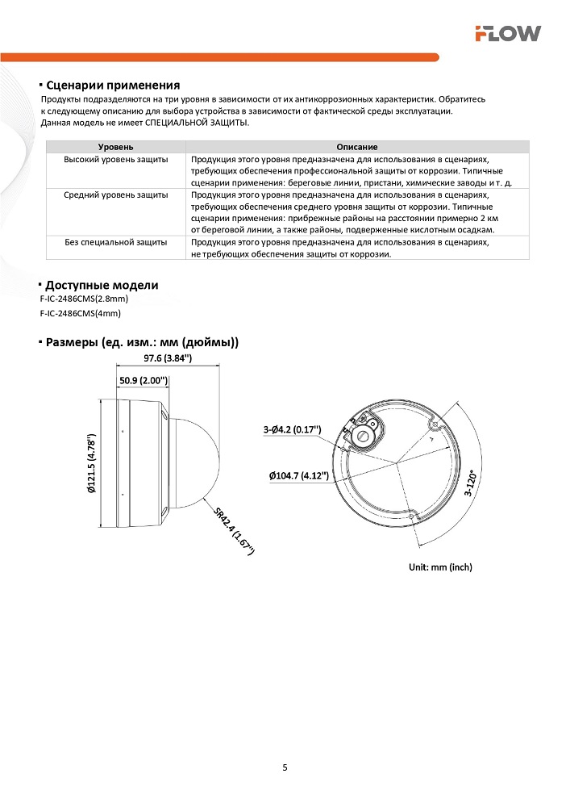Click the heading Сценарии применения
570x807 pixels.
pyautogui.click(x=112, y=85)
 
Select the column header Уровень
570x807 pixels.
pyautogui.click(x=116, y=147)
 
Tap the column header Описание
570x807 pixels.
pyautogui.click(x=357, y=147)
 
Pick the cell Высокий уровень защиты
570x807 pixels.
pyautogui.click(x=116, y=159)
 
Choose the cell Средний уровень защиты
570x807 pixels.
pyautogui.click(x=116, y=194)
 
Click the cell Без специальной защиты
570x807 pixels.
pyautogui.click(x=116, y=241)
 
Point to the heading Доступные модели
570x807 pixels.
pyautogui.click(x=102, y=285)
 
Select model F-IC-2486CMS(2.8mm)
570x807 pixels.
pyautogui.click(x=84, y=299)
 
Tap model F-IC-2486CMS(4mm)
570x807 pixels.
pyautogui.click(x=80, y=313)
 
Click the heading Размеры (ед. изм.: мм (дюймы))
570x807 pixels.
pyautogui.click(x=142, y=342)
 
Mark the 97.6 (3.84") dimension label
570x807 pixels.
pyautogui.click(x=168, y=358)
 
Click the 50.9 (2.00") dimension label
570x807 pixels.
pyautogui.click(x=143, y=379)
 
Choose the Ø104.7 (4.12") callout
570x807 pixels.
pyautogui.click(x=299, y=475)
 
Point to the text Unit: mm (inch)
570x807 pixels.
pyautogui.click(x=440, y=567)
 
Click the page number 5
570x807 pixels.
pyautogui.click(x=285, y=767)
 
